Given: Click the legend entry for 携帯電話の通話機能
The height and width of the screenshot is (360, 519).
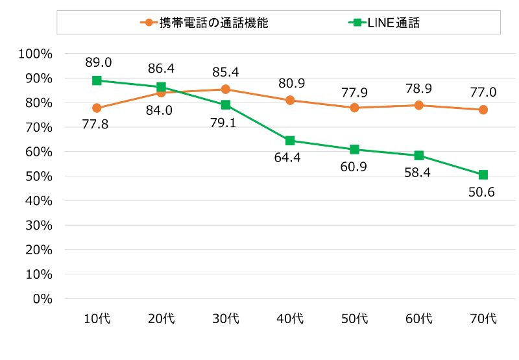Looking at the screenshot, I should pyautogui.click(x=204, y=23).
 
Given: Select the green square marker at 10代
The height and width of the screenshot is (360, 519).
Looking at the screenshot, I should pyautogui.click(x=97, y=80).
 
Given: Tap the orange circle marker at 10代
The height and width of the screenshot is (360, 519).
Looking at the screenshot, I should pyautogui.click(x=97, y=108).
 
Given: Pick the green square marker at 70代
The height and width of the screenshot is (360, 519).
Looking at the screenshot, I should pyautogui.click(x=483, y=174).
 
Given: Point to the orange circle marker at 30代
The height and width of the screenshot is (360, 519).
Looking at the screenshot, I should pyautogui.click(x=226, y=89).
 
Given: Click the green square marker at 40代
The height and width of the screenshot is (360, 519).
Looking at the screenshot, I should pyautogui.click(x=290, y=141).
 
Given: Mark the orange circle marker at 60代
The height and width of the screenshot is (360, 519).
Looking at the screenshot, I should pyautogui.click(x=419, y=105).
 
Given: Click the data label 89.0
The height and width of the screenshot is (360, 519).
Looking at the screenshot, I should pyautogui.click(x=98, y=62).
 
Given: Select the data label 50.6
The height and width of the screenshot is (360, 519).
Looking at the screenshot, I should pyautogui.click(x=483, y=193).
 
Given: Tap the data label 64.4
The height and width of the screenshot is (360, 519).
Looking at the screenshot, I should pyautogui.click(x=290, y=158).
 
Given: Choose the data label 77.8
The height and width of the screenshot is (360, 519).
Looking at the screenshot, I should pyautogui.click(x=95, y=125).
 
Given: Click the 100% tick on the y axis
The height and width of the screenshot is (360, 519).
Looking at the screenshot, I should pyautogui.click(x=36, y=54).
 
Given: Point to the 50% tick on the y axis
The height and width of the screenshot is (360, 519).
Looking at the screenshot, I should pyautogui.click(x=38, y=176).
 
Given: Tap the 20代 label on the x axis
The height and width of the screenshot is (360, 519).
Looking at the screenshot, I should pyautogui.click(x=162, y=318).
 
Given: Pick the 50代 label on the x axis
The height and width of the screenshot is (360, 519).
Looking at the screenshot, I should pyautogui.click(x=355, y=318).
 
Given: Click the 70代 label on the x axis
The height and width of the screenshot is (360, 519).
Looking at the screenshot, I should pyautogui.click(x=483, y=318).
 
